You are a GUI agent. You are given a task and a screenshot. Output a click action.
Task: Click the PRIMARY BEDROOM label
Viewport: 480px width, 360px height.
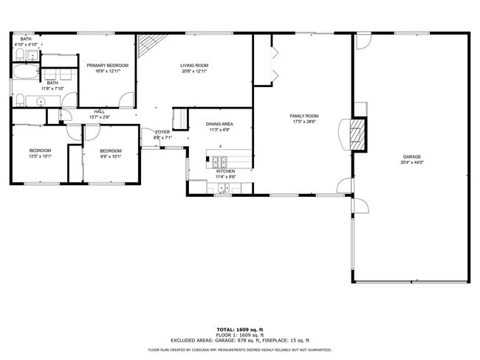[x=107, y=66]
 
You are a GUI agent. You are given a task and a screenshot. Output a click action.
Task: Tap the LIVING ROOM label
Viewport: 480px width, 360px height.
[x=194, y=66]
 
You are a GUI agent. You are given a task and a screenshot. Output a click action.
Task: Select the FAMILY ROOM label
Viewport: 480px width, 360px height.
[x=304, y=116]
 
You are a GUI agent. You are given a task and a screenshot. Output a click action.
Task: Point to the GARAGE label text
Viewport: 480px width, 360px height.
[x=411, y=156]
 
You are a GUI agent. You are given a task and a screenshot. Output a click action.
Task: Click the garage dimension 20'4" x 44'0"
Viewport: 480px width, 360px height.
[x=411, y=162]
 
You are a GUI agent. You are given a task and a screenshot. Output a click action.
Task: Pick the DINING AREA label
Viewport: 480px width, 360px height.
[x=220, y=124]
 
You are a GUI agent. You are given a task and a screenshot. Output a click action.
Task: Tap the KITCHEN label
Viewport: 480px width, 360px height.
[x=225, y=171]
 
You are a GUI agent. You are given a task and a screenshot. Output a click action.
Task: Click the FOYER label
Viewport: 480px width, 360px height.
[x=162, y=132]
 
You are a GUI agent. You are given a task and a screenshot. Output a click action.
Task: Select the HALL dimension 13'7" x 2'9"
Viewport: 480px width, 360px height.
[x=100, y=117]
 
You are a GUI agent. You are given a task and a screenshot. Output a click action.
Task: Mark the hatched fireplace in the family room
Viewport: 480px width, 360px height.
[x=358, y=134]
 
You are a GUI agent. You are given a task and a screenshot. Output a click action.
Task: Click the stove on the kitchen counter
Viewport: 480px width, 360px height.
[x=221, y=158]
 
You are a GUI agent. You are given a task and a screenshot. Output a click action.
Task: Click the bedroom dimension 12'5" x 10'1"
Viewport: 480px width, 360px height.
[x=40, y=156]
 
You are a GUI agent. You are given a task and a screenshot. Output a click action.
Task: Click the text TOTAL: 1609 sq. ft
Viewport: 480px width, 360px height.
[x=239, y=329]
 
